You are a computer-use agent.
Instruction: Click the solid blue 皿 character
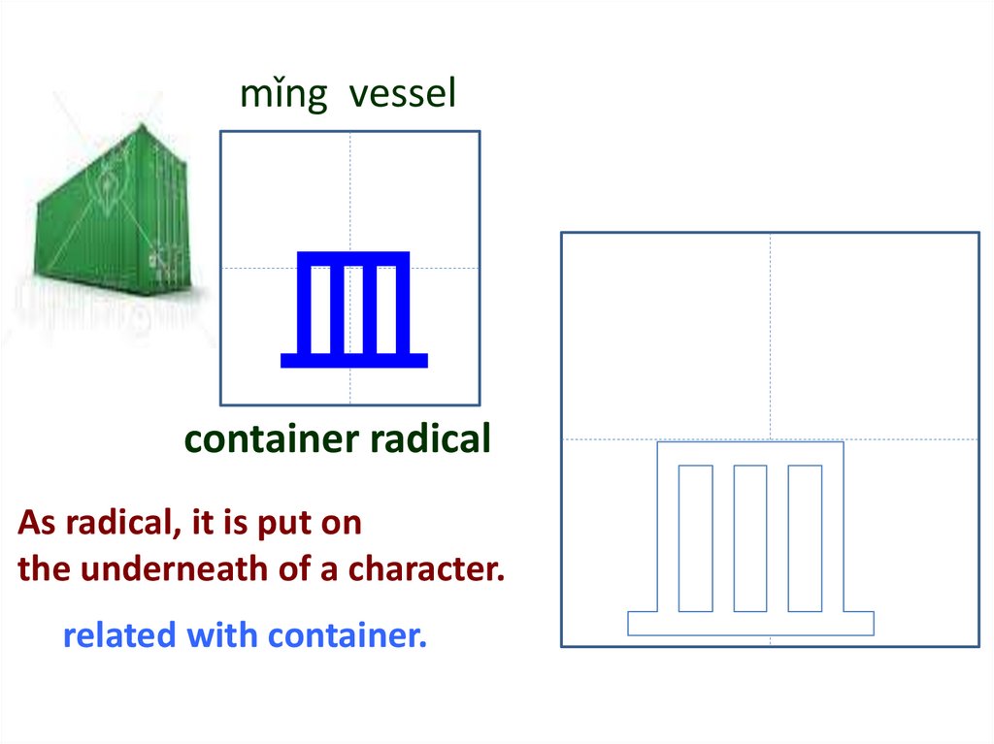(353, 308)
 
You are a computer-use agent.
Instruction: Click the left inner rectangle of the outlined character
(695, 538)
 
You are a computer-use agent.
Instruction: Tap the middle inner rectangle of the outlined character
(750, 538)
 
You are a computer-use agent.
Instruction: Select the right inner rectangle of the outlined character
(805, 538)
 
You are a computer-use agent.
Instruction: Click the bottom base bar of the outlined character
(750, 624)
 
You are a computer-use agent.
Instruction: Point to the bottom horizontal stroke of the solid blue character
(353, 361)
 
